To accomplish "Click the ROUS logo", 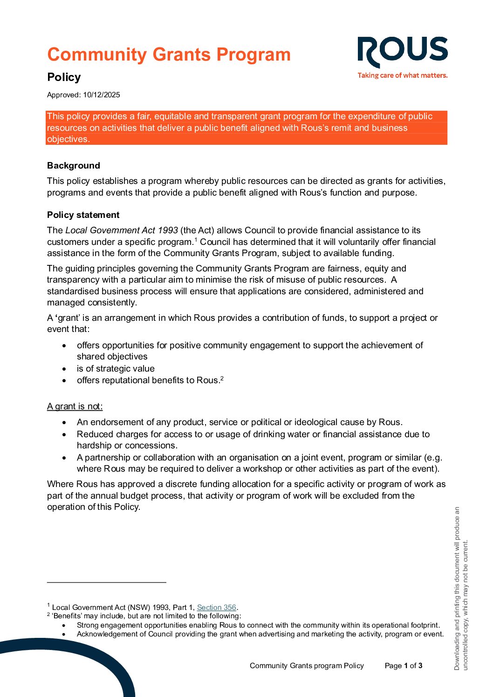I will click(402, 51).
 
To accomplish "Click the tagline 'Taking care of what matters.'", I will click(402, 75).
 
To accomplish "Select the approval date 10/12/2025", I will click(101, 95).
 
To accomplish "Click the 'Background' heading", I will click(74, 166).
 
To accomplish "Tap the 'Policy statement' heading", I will click(83, 215).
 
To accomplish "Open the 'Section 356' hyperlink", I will click(216, 608).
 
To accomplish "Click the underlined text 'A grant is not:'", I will click(75, 406).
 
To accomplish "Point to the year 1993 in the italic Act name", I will click(168, 230).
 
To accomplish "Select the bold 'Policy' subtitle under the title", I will click(64, 77).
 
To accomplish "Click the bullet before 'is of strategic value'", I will click(64, 369).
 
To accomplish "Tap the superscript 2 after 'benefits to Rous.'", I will click(222, 378).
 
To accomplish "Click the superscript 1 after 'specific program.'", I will click(196, 240).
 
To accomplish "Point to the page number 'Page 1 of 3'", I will click(404, 666).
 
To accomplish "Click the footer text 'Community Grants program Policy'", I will click(307, 666).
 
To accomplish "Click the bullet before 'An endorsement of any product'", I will click(64, 422).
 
